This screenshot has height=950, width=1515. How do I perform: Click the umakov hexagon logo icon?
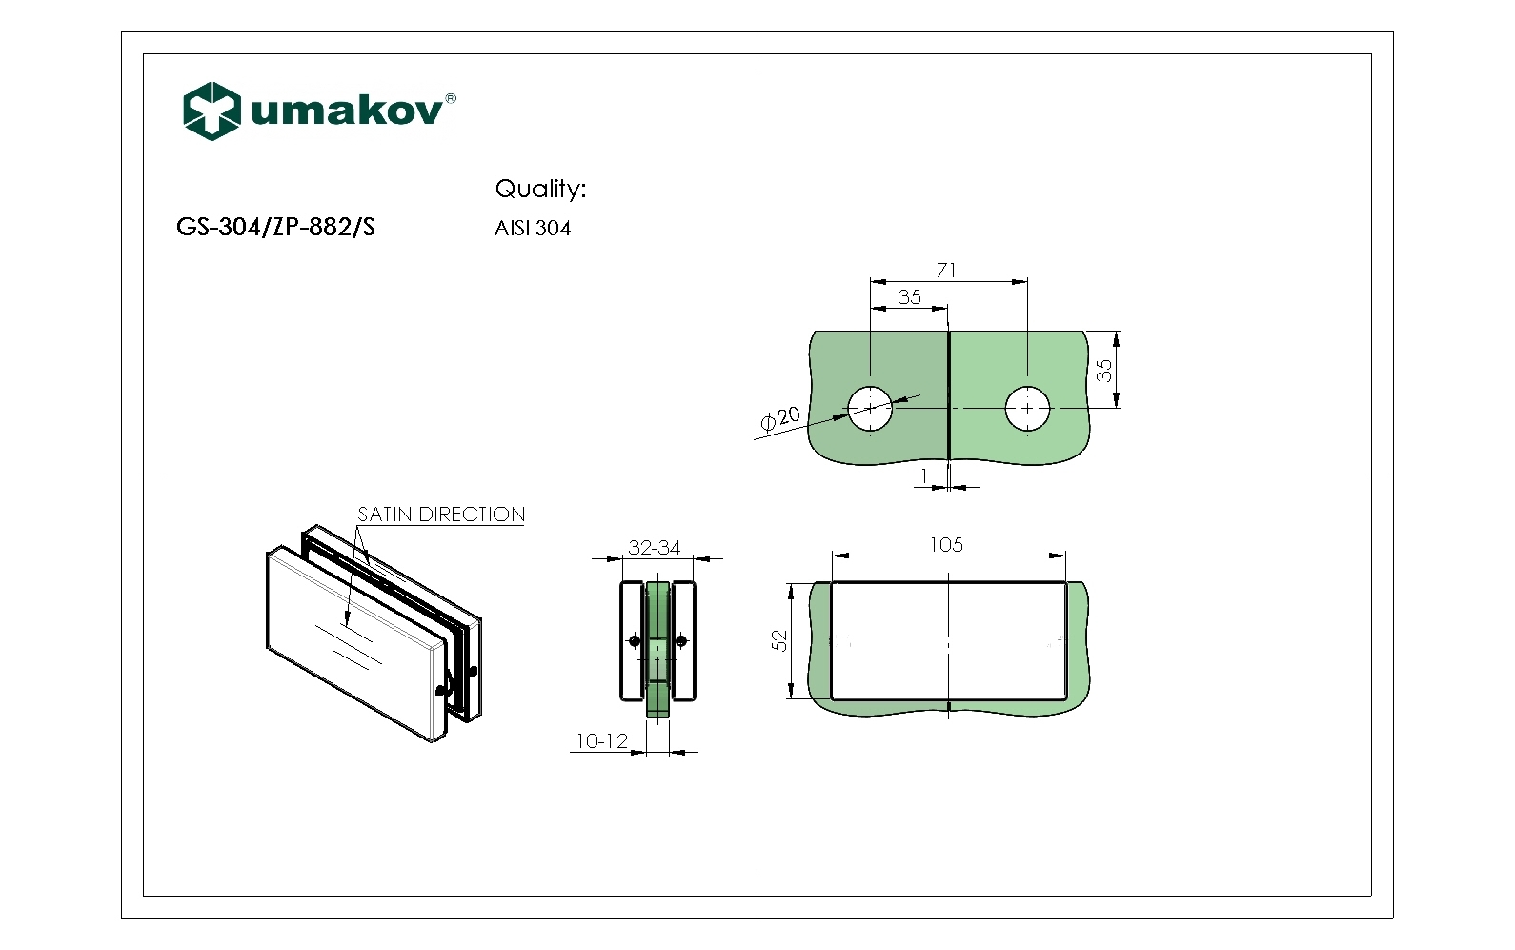[x=211, y=111]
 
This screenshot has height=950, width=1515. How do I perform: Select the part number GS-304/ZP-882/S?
[x=275, y=228]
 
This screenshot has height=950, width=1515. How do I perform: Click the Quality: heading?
[x=540, y=189]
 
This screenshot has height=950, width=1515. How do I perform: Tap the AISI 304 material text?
[x=533, y=229]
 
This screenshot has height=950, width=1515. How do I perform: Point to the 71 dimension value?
[x=946, y=271]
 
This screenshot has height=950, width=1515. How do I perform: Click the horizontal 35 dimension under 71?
[x=909, y=297]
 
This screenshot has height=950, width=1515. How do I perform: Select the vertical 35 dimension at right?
[x=1104, y=370]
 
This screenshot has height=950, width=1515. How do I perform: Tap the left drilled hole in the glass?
[x=870, y=408]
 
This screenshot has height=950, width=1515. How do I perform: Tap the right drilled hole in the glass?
[x=1028, y=408]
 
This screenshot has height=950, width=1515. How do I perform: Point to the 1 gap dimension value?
[x=924, y=475]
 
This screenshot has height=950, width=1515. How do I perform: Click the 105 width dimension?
[x=946, y=544]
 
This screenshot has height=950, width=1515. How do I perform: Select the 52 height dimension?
[x=780, y=640]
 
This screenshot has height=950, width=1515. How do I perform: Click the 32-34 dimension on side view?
[x=655, y=548]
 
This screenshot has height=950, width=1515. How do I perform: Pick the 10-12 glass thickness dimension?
[x=601, y=740]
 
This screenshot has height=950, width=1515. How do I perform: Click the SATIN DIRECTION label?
[x=441, y=515]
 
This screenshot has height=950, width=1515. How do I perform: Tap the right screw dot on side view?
[x=680, y=640]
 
